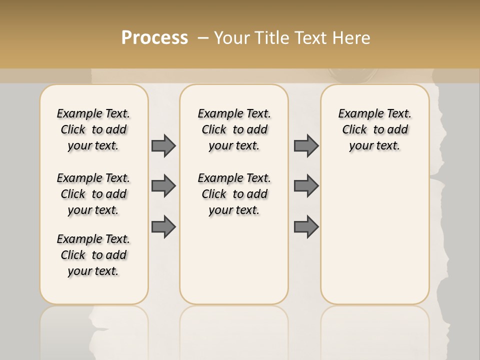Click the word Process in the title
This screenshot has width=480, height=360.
coord(154,38)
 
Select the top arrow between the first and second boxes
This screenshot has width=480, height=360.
coord(163,145)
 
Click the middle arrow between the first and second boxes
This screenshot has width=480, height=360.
coord(163,186)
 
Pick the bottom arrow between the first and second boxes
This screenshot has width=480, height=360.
coord(163,227)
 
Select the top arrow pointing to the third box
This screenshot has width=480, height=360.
coord(306,145)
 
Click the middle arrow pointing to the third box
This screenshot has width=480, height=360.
coord(306,186)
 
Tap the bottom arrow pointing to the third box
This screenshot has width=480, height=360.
coord(306,227)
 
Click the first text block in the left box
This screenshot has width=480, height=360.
coord(93,129)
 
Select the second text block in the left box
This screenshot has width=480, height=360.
coord(93,194)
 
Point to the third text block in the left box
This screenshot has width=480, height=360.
coord(93,255)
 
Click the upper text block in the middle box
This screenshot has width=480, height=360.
coord(234,129)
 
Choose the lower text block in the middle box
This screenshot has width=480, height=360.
coord(234,194)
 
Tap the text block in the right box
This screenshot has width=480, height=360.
coord(374,129)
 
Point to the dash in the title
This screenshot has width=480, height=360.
coord(203,38)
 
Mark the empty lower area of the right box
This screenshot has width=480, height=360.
coord(374,235)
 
